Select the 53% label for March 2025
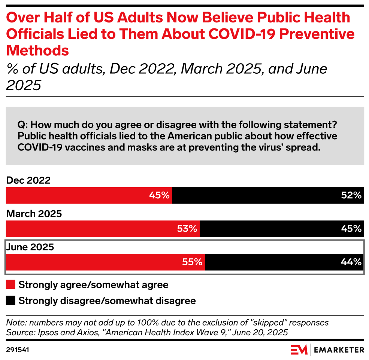[187, 229]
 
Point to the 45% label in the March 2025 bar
[351, 229]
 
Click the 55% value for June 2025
[193, 262]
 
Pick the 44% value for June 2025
[351, 262]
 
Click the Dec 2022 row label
[28, 180]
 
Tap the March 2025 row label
[34, 214]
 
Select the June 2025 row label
[30, 247]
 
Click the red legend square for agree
[11, 284]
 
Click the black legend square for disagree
[11, 300]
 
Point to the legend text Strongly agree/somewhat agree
[93, 285]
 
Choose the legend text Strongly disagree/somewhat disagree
[107, 300]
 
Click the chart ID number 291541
[18, 350]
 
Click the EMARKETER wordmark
[339, 350]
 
